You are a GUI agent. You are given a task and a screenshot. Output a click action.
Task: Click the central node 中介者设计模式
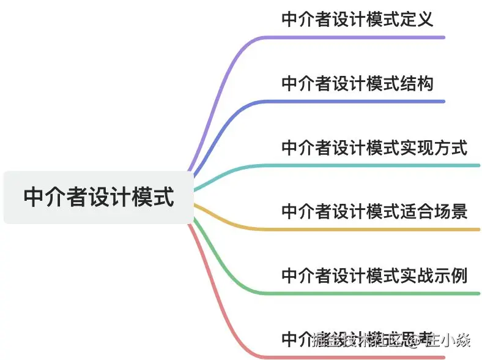click(x=98, y=197)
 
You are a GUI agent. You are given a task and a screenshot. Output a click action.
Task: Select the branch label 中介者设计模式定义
click(x=357, y=19)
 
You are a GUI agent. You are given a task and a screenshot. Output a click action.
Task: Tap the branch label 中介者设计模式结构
click(x=357, y=83)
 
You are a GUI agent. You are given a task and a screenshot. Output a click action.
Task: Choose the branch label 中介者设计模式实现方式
click(x=374, y=148)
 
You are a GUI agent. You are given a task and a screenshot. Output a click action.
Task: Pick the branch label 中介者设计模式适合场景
click(x=374, y=211)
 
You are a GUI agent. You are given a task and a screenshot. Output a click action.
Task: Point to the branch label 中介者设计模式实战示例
click(x=374, y=276)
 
